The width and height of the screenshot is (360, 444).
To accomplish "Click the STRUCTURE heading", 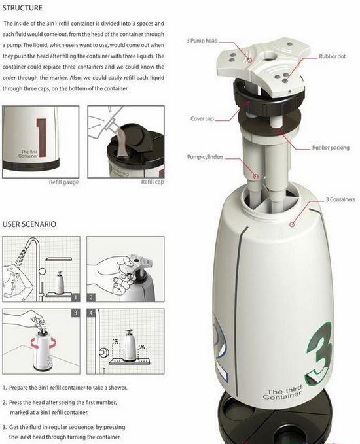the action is click(x=22, y=8).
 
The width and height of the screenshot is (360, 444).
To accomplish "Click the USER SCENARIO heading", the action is click(x=29, y=224).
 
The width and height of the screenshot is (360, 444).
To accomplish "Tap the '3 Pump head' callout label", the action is click(x=202, y=41).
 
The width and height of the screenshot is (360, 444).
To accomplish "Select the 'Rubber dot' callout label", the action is click(x=333, y=56).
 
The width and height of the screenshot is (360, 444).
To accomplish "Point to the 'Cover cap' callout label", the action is click(x=202, y=118).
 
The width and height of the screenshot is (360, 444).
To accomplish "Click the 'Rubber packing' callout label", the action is click(x=331, y=148).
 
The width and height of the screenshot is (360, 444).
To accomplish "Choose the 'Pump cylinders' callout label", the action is click(x=205, y=156).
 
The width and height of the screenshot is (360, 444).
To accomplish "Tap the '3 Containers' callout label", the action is click(x=340, y=199).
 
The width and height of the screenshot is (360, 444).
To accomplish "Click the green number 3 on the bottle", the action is click(x=319, y=354).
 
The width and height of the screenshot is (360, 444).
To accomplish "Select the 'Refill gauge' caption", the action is click(x=63, y=182).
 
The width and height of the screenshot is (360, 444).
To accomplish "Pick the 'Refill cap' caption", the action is click(x=153, y=182).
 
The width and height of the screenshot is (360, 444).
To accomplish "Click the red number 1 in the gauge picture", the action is click(x=41, y=137).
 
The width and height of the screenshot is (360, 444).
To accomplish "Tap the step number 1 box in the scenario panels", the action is click(x=76, y=298).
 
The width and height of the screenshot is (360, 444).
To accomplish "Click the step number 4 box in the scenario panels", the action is click(x=91, y=313).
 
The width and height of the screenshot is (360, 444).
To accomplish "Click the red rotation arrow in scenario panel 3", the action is click(x=43, y=345).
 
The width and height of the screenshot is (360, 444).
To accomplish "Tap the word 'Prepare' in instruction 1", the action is click(x=20, y=388).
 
